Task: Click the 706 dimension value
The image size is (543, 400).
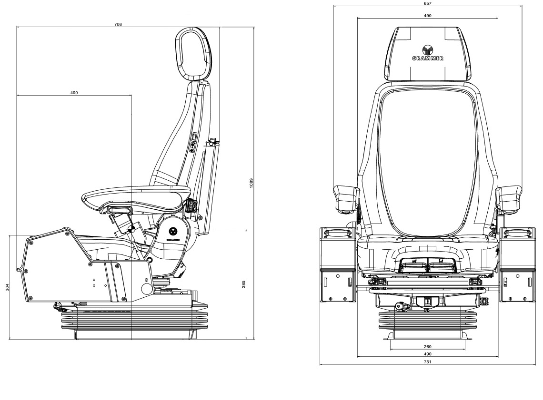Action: [118, 24]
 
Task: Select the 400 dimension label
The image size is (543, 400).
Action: [74, 93]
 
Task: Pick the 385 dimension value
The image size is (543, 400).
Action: [243, 284]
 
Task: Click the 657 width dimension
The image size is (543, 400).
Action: [427, 3]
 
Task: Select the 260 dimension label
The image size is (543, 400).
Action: [427, 347]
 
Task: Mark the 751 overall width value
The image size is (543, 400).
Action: [427, 362]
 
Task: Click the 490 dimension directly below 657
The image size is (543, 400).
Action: [427, 16]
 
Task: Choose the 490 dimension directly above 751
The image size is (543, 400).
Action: [427, 354]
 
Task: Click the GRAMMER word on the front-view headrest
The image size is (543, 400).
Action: [427, 59]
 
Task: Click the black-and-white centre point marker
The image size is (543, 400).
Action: [131, 229]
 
